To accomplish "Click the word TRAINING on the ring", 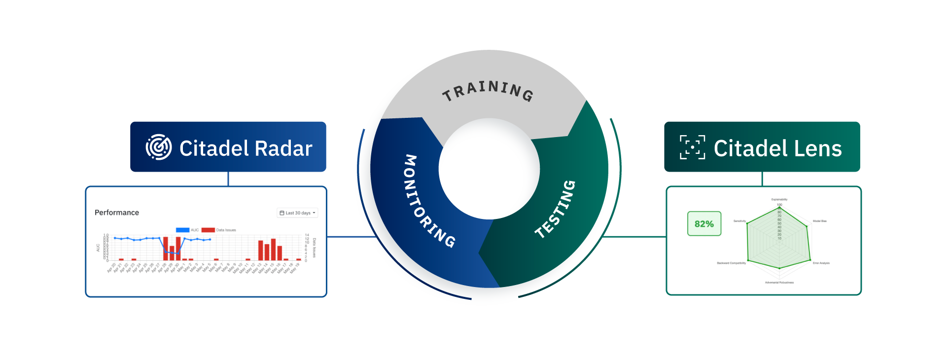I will pyautogui.click(x=488, y=91).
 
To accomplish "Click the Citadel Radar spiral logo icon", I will pyautogui.click(x=159, y=147).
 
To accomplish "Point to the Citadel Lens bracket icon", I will pyautogui.click(x=692, y=147).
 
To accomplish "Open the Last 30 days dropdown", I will pyautogui.click(x=298, y=213).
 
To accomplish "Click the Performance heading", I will pyautogui.click(x=117, y=213).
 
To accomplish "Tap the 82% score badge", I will pyautogui.click(x=704, y=224).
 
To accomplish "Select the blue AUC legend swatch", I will pyautogui.click(x=182, y=230).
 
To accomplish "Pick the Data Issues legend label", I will pyautogui.click(x=226, y=230).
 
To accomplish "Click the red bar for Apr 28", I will pyautogui.click(x=166, y=249).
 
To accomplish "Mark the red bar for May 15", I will pyautogui.click(x=273, y=250).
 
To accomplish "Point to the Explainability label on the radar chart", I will pyautogui.click(x=779, y=200).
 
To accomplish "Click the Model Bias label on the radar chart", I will pyautogui.click(x=820, y=221).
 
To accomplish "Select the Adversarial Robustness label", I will pyautogui.click(x=779, y=283).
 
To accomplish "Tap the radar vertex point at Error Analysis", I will pyautogui.click(x=810, y=260).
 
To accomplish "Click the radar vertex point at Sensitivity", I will pyautogui.click(x=747, y=223).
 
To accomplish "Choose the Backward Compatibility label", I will pyautogui.click(x=731, y=263).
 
